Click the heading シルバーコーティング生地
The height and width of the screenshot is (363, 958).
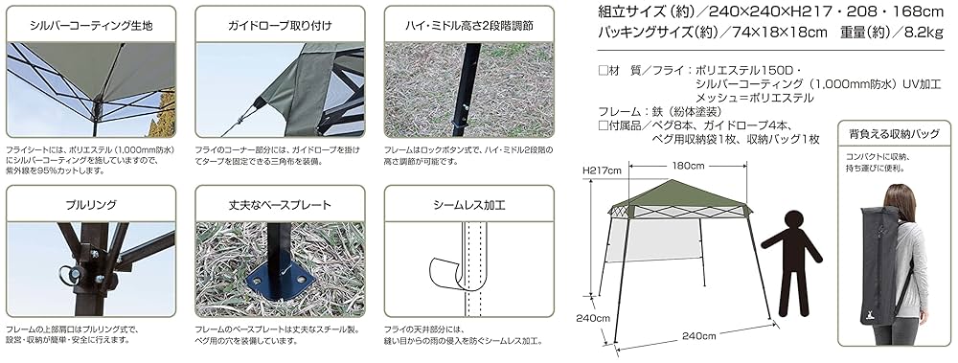coord(91,22)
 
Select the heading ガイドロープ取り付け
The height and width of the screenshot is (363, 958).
coord(280,22)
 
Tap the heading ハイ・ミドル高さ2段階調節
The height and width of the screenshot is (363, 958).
coord(468,22)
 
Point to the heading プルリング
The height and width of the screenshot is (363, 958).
coord(91,204)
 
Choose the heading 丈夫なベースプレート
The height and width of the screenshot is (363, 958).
coord(280,204)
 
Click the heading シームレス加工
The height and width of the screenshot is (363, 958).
coord(468,204)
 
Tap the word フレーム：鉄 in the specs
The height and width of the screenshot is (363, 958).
coord(628,111)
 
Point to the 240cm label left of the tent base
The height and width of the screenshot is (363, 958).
coord(593,317)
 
